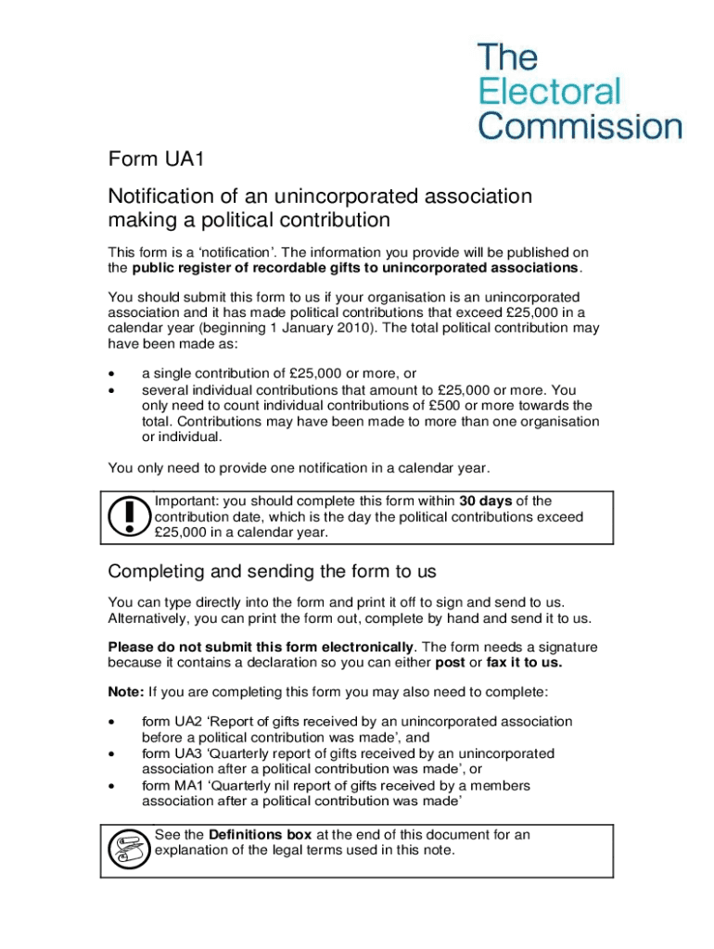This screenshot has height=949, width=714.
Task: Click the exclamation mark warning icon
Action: click(x=129, y=516)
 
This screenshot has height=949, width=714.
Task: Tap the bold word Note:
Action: click(x=126, y=691)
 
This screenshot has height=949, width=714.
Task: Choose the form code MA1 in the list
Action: click(x=189, y=786)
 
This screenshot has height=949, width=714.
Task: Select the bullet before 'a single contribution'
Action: click(x=112, y=373)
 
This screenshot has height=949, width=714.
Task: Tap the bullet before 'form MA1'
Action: click(x=112, y=786)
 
